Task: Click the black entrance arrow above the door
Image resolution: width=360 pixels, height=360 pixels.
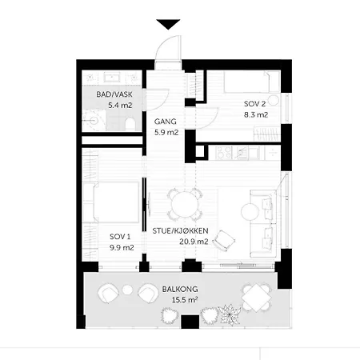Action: click(168, 24)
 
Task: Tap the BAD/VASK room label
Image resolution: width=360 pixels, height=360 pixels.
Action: click(114, 94)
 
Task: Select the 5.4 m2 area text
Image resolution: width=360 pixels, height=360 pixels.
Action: click(120, 106)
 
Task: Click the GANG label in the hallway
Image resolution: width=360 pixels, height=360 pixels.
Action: click(166, 122)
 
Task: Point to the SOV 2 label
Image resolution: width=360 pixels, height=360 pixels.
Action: click(254, 104)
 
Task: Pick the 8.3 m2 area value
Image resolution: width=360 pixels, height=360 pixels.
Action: click(256, 115)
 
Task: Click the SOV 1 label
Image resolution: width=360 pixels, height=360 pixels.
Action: click(120, 237)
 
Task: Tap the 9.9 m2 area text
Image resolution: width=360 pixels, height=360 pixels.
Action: click(122, 248)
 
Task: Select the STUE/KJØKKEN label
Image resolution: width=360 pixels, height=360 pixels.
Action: click(180, 230)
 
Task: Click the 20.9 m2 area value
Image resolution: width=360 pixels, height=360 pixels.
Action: click(194, 242)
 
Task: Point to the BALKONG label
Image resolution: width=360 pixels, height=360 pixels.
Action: click(180, 289)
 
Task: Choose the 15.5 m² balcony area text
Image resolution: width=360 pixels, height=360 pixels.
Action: click(185, 300)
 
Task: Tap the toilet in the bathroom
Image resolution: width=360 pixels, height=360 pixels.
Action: click(130, 124)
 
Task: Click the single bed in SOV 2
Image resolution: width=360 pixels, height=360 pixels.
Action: click(248, 82)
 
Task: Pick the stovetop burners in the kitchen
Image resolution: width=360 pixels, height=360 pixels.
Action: click(224, 153)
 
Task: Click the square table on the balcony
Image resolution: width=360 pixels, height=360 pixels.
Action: click(256, 298)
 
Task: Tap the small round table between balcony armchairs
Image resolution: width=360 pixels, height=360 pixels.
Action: click(127, 290)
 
